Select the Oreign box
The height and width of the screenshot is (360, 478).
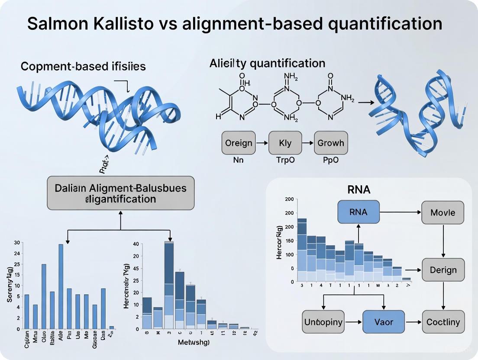[x=239, y=143]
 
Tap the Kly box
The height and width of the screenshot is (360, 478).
[x=285, y=143]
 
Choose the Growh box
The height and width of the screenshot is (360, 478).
[x=331, y=143]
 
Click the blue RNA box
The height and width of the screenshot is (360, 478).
[x=358, y=212]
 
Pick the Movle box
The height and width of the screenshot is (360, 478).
[x=442, y=212]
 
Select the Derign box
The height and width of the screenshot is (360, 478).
[x=442, y=270]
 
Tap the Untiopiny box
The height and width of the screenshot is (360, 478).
[x=323, y=322]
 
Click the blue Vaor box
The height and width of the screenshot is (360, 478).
[x=384, y=322]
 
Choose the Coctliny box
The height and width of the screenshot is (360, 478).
[x=442, y=322]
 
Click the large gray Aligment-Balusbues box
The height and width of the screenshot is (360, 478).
[x=120, y=193]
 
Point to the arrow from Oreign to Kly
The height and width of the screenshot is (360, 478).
[x=262, y=143]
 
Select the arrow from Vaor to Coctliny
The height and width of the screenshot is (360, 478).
[x=413, y=322]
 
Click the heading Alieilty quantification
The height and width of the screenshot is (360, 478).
[x=267, y=63]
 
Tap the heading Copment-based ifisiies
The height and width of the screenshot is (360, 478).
[x=83, y=67]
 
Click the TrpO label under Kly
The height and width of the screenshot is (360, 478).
[x=285, y=160]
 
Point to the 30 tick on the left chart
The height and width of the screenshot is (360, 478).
[x=16, y=242]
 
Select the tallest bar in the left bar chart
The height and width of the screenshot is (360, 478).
[x=61, y=286]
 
